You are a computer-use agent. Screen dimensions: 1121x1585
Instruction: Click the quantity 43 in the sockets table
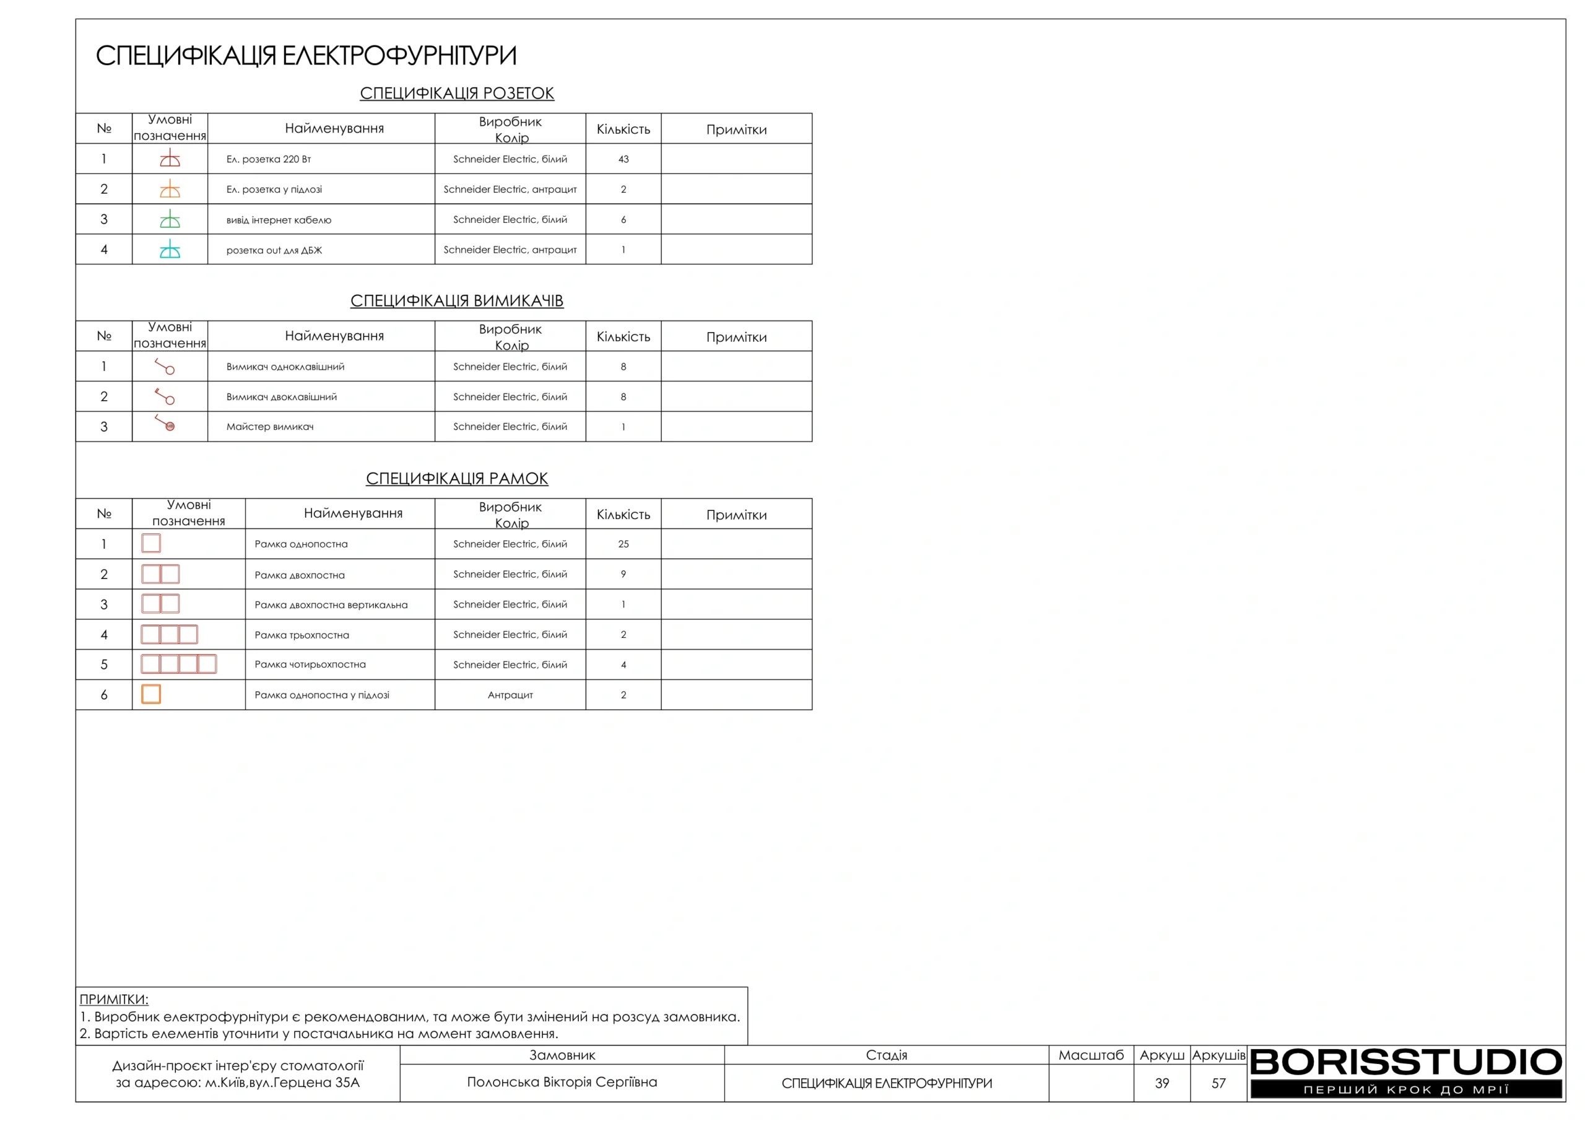(x=623, y=159)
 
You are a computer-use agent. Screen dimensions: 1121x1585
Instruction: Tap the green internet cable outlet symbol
(x=170, y=219)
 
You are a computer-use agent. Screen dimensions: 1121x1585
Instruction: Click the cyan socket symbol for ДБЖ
(x=170, y=250)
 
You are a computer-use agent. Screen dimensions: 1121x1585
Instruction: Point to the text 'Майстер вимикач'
(x=270, y=427)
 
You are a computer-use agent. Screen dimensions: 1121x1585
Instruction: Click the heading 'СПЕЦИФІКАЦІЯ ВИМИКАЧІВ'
(x=456, y=300)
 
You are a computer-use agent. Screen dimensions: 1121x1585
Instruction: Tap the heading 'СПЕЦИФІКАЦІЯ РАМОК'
(x=456, y=478)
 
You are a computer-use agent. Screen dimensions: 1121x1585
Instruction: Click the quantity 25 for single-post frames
(x=623, y=544)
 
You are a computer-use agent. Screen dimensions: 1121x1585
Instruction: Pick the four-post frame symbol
(x=179, y=664)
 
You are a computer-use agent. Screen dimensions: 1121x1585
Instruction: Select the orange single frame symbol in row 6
(x=151, y=694)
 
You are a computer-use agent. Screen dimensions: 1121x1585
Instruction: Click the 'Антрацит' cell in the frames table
(x=510, y=695)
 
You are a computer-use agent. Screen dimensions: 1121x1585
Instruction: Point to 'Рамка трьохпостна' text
(x=302, y=635)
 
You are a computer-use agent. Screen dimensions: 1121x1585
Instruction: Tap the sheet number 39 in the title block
(x=1162, y=1083)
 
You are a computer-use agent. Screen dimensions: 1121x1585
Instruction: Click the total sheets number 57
(x=1218, y=1083)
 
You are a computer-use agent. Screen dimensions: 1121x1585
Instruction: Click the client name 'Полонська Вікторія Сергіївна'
(x=562, y=1081)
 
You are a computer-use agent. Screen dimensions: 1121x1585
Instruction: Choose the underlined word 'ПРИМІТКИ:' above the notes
(x=114, y=999)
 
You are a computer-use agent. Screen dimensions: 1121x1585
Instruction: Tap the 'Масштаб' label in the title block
(x=1091, y=1055)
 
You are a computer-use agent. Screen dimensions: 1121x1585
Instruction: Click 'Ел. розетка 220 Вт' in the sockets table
(x=269, y=159)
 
